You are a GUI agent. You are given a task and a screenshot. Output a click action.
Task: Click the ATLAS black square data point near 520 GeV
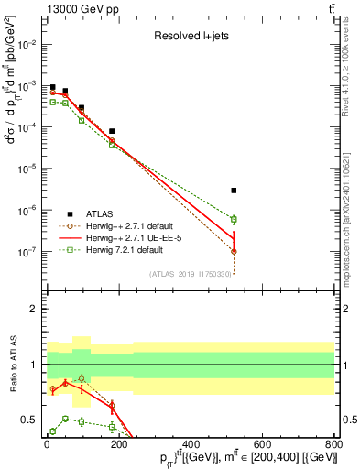point(234,191)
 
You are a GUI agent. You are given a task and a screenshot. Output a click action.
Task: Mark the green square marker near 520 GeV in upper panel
point(234,219)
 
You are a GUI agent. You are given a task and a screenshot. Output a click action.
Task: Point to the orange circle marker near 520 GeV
point(234,251)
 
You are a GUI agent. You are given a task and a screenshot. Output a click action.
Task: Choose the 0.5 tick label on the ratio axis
point(28,420)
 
